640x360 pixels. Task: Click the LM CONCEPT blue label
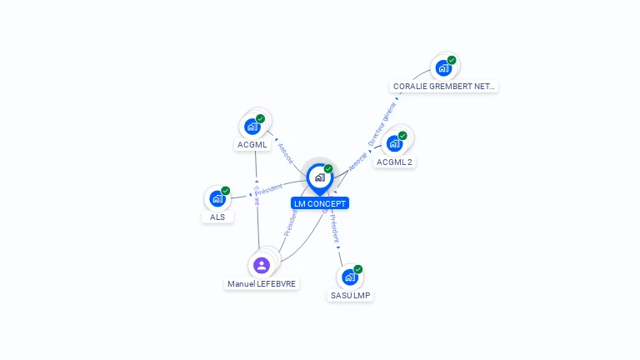[320, 203]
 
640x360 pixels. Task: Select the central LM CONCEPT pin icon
[319, 177]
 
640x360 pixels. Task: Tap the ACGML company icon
[252, 127]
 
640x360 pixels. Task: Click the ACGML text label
[252, 145]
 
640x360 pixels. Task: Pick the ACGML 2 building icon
[394, 142]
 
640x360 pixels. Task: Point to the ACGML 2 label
[394, 162]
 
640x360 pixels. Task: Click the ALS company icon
[217, 198]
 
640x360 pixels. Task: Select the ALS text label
[217, 217]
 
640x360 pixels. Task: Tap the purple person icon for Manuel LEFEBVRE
[262, 265]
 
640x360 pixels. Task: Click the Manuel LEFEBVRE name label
[262, 283]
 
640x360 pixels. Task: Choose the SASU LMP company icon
[350, 277]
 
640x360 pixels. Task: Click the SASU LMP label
[350, 296]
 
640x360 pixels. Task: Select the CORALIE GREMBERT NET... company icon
[443, 67]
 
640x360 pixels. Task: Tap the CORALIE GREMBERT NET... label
[444, 86]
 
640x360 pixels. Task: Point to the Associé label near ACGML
[285, 152]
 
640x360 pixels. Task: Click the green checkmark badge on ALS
[225, 191]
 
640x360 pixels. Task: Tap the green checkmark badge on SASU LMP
[358, 269]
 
